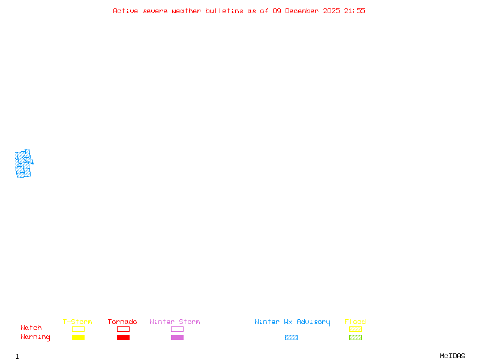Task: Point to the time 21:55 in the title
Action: [x=355, y=11]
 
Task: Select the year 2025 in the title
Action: [x=332, y=11]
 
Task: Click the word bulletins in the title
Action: [x=224, y=11]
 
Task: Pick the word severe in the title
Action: [x=155, y=11]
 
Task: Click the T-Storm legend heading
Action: [x=77, y=322]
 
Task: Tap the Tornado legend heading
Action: [x=122, y=322]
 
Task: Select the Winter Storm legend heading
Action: [x=175, y=322]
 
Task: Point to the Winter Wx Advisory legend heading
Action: [x=292, y=322]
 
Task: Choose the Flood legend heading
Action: [x=355, y=322]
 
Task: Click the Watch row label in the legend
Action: [x=31, y=328]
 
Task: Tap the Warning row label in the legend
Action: [x=35, y=337]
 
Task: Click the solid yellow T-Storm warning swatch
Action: [x=78, y=337]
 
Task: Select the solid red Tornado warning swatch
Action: [x=123, y=337]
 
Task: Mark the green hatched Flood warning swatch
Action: [x=355, y=337]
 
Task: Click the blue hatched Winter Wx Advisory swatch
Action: [x=291, y=337]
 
